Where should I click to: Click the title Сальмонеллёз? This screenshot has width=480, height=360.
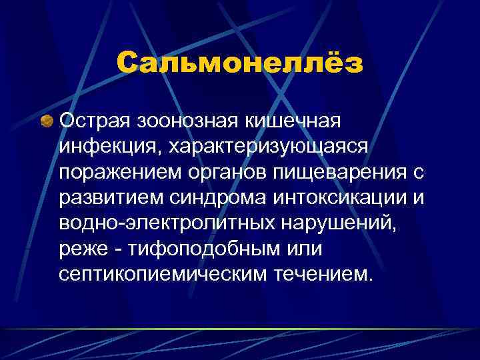point(240,65)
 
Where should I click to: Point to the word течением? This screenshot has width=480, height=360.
point(318,273)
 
